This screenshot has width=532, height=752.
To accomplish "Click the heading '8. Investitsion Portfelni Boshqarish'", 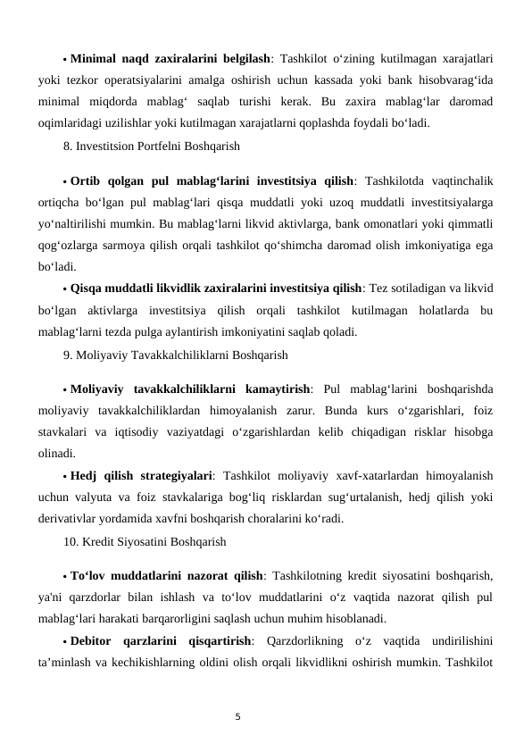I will tap(151, 143).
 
